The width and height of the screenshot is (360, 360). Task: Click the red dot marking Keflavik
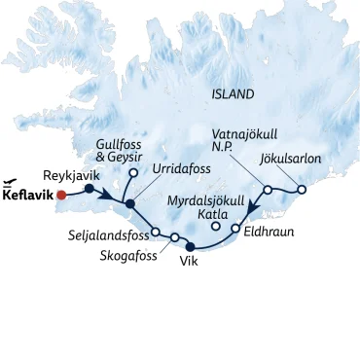click(61, 195)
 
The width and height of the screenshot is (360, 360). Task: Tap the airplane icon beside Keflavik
click(11, 180)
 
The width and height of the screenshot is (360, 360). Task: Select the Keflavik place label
click(27, 195)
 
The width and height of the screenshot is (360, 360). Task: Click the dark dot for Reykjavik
click(89, 190)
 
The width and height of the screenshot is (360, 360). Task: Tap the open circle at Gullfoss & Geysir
click(132, 174)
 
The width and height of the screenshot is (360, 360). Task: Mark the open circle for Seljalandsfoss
click(156, 232)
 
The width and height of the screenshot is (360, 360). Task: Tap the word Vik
click(191, 262)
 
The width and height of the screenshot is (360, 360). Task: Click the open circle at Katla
click(216, 227)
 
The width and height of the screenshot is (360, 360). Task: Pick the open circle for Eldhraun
click(235, 229)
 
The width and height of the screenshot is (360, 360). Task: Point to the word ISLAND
click(233, 94)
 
